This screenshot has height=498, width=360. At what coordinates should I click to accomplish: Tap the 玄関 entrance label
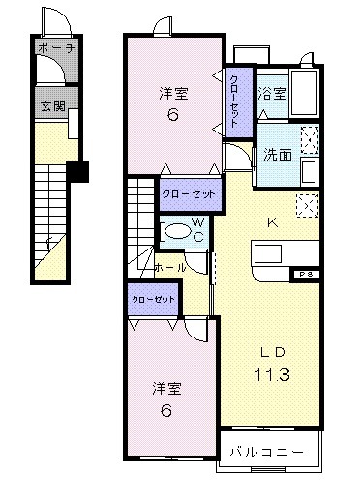tap(51, 106)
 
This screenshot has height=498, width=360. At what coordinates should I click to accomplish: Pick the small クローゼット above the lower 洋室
tap(154, 299)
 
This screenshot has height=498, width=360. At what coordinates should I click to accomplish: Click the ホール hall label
tap(171, 267)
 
